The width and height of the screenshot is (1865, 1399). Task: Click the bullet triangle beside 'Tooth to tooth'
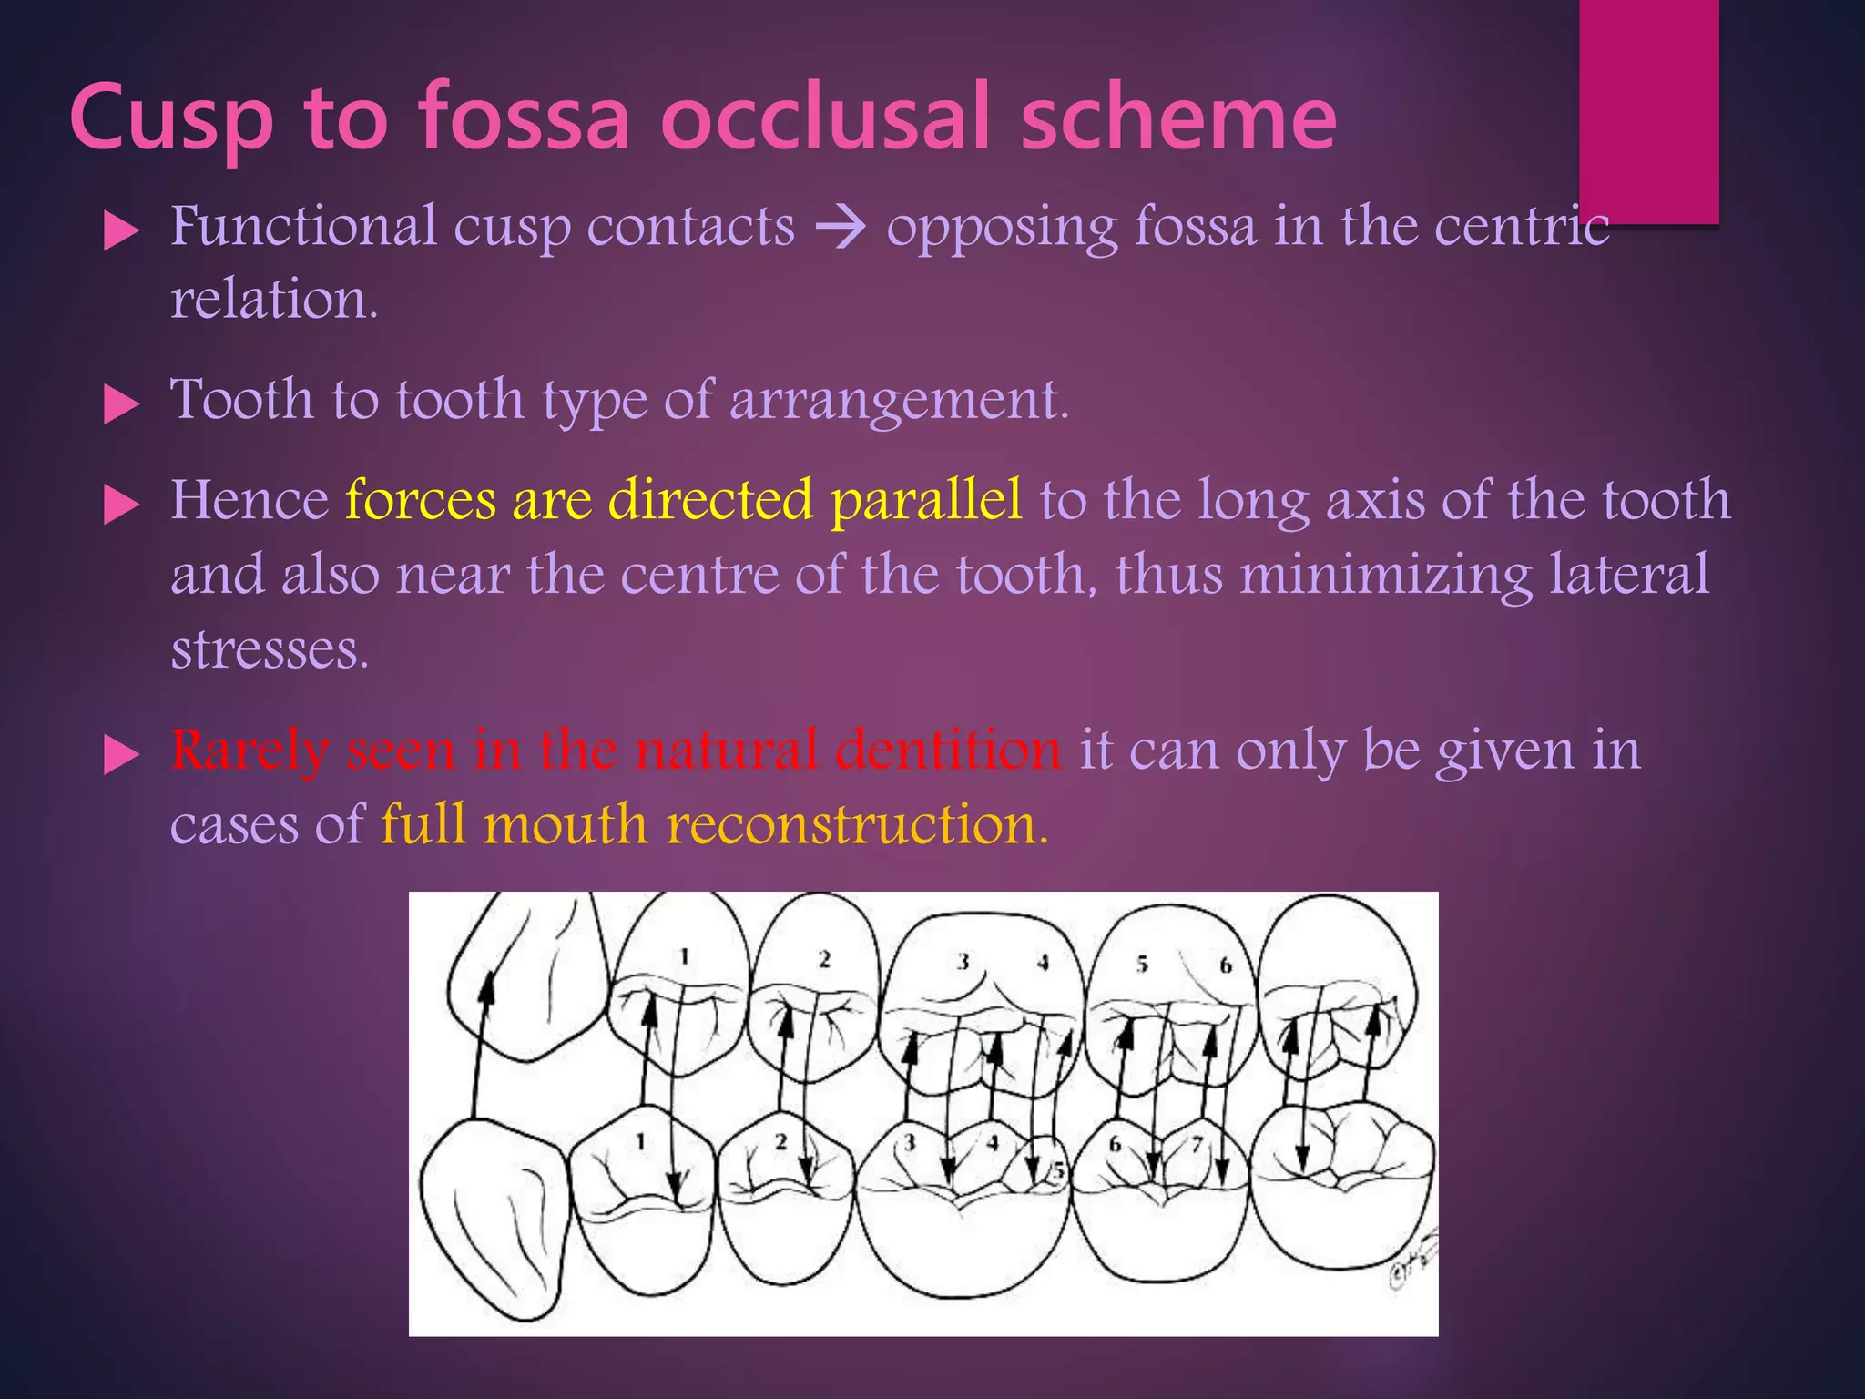point(121,403)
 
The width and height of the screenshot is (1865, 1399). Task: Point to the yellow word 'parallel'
point(926,500)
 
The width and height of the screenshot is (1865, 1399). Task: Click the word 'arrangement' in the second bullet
point(896,400)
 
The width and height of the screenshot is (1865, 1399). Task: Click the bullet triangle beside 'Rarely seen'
point(121,755)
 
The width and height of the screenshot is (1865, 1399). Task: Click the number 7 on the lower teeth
point(1197,1144)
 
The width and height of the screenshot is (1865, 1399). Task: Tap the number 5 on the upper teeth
point(1142,965)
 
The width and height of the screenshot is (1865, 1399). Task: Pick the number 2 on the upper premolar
point(824,959)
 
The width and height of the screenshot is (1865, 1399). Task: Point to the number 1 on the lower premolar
point(641,1140)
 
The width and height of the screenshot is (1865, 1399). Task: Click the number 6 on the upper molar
point(1226,965)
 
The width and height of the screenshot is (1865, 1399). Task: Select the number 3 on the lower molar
point(909,1142)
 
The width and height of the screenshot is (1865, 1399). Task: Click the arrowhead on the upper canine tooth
point(488,983)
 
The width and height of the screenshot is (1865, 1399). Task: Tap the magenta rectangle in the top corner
point(1648,109)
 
